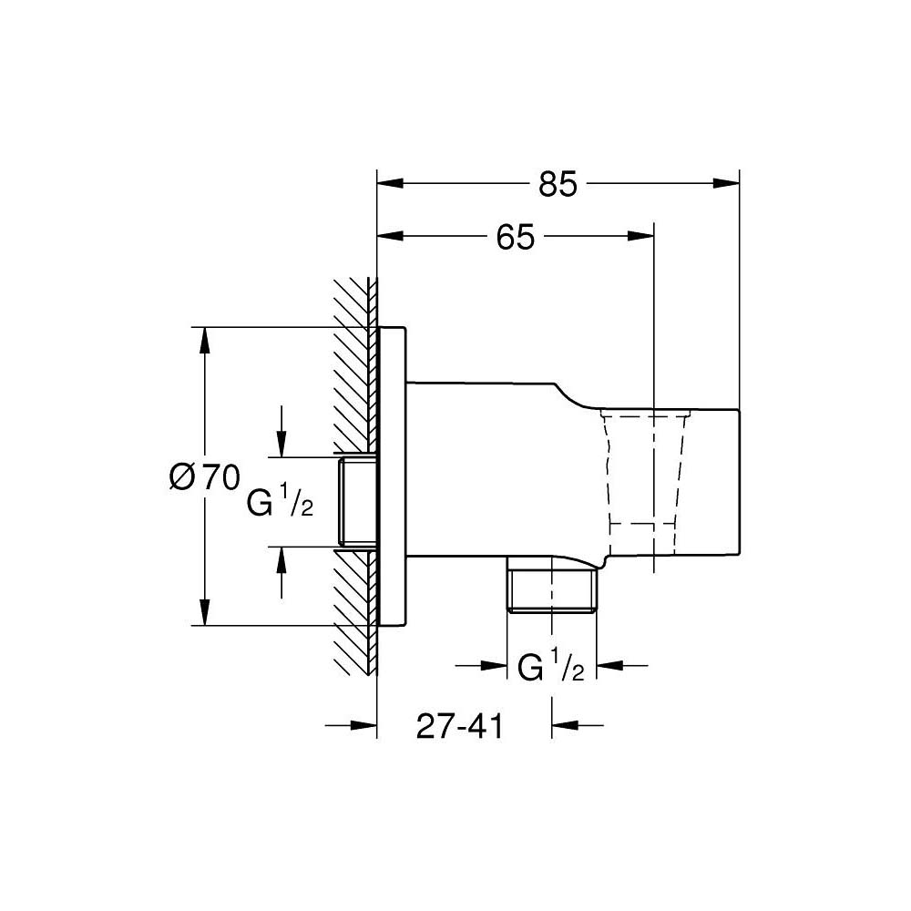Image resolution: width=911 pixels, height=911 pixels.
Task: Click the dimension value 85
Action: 558,183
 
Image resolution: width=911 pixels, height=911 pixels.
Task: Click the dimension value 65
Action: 515,238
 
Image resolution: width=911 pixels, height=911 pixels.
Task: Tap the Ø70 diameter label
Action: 204,476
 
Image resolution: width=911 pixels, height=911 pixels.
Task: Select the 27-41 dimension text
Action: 459,726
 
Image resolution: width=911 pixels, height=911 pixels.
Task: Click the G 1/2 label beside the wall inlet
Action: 280,503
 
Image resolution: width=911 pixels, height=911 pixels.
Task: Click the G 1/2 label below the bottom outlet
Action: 550,668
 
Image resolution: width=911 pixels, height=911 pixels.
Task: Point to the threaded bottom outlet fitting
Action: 551,592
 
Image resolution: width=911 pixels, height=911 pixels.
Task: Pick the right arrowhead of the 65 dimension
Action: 642,238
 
